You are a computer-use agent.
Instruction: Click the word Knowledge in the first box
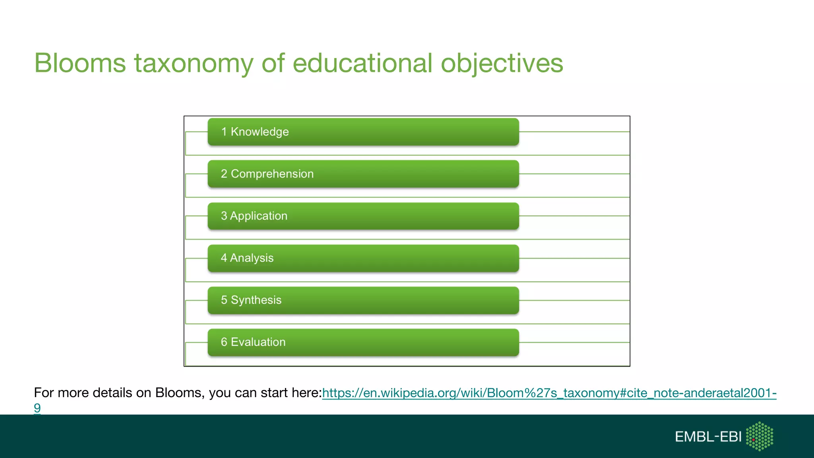pos(260,132)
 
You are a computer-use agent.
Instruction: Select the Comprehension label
pos(272,174)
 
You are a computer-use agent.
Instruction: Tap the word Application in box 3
pos(258,216)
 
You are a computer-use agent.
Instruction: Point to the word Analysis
pos(252,258)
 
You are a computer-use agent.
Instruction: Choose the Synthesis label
pos(256,300)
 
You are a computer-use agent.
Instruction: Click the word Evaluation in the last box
pos(258,342)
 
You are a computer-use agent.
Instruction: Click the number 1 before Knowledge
pos(224,132)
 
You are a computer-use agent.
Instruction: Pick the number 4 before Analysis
pos(224,258)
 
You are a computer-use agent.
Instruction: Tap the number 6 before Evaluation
pos(224,342)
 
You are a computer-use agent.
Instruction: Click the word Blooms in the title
pos(80,63)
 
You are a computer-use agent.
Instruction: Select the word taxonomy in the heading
pos(193,63)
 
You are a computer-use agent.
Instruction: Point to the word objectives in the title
pos(502,63)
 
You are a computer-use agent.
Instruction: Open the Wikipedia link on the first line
pos(548,393)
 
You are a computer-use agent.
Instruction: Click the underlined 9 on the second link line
pos(37,408)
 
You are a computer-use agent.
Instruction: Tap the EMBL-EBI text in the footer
pos(708,437)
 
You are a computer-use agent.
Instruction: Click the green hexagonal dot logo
pos(760,436)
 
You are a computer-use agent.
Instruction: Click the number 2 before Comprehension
pos(224,174)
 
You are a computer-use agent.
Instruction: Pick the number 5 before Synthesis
pos(224,300)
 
